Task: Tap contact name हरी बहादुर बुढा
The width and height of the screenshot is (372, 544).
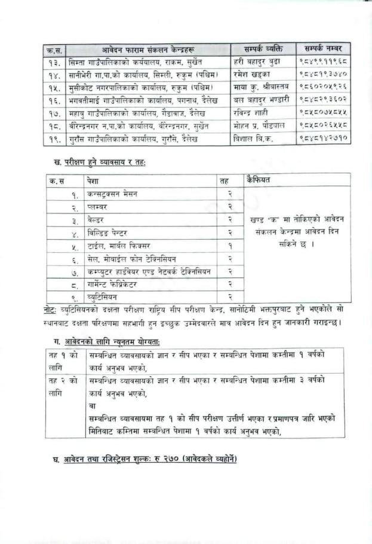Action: pos(256,62)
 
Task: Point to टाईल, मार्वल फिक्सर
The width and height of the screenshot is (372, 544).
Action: pos(115,245)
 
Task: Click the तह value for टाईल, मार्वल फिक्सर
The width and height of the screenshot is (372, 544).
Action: pos(229,245)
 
